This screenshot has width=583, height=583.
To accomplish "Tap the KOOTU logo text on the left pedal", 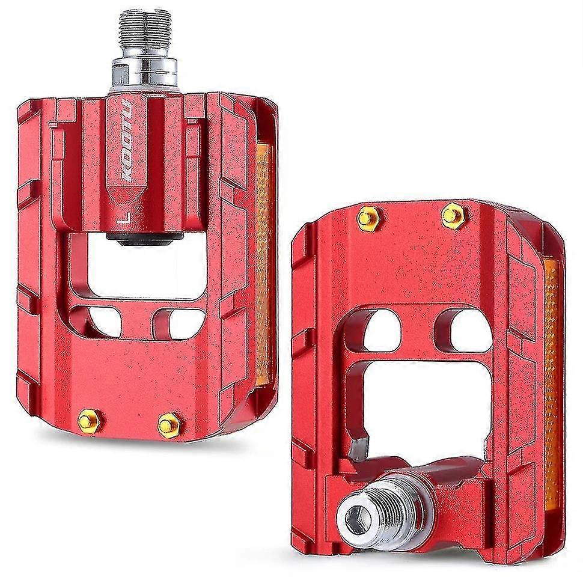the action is (x=126, y=140).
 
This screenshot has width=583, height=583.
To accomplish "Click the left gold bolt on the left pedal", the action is (x=89, y=421).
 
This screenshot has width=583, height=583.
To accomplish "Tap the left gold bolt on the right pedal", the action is (x=368, y=218).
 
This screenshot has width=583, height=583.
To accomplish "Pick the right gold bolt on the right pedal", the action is (x=453, y=216).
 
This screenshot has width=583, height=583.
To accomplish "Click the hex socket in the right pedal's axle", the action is (x=358, y=517).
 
